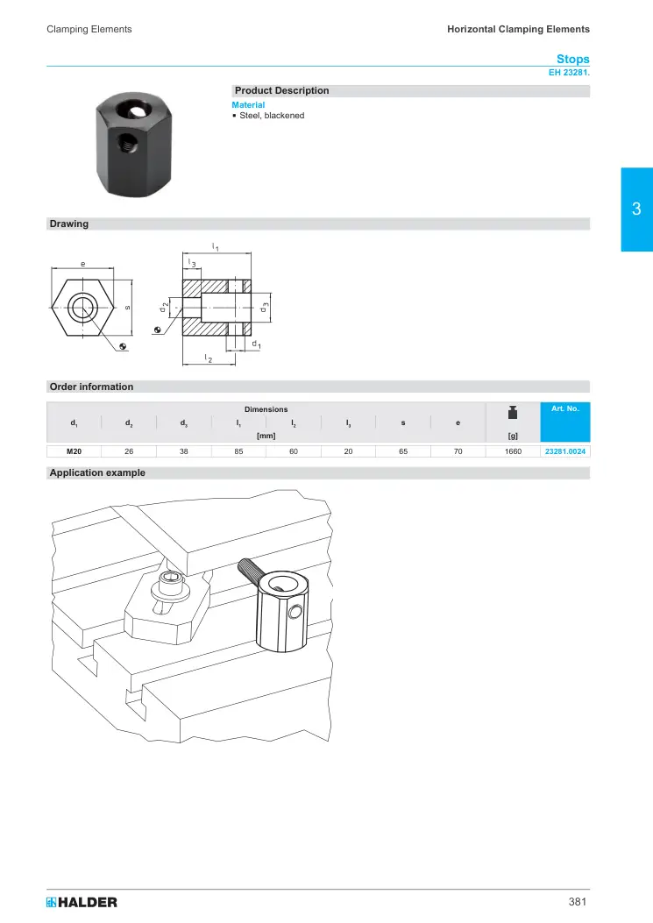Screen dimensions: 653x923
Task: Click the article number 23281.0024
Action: point(565,451)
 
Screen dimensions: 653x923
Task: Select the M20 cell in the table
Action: point(75,451)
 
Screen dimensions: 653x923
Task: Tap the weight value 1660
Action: point(513,451)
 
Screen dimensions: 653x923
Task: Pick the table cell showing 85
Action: point(238,451)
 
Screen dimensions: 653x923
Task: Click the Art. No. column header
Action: point(565,408)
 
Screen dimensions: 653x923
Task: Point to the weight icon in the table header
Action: point(513,413)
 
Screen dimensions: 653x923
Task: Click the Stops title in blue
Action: point(573,59)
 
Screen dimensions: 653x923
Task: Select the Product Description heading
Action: point(281,90)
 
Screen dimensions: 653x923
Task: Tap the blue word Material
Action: point(248,105)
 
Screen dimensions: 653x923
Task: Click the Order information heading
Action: point(91,387)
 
